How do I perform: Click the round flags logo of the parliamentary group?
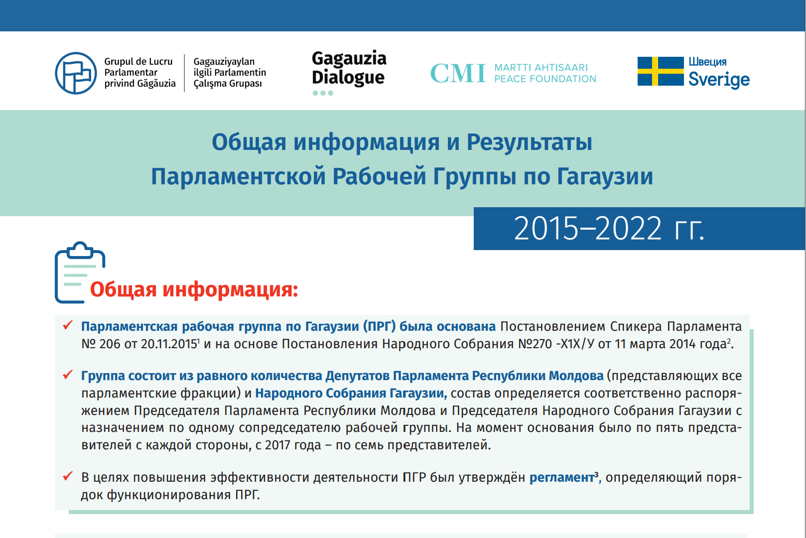click(x=76, y=73)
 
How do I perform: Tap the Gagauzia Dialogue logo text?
click(x=349, y=68)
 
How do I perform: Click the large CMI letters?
click(x=458, y=73)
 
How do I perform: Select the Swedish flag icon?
click(x=661, y=71)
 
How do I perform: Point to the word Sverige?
click(x=719, y=80)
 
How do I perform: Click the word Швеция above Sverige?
click(x=707, y=62)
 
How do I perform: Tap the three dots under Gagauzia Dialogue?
click(x=323, y=93)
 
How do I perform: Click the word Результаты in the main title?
click(x=530, y=142)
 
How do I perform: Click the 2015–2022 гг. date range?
click(x=609, y=229)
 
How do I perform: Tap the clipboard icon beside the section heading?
click(x=80, y=272)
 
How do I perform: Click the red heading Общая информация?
click(x=194, y=289)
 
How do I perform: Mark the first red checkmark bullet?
click(x=68, y=325)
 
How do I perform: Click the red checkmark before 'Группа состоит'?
click(x=68, y=375)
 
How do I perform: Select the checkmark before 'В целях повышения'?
click(x=68, y=476)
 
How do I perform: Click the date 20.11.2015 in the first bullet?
click(x=169, y=344)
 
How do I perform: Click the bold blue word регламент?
click(x=562, y=478)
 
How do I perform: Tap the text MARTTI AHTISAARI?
click(x=541, y=68)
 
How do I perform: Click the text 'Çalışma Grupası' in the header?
click(x=228, y=84)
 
